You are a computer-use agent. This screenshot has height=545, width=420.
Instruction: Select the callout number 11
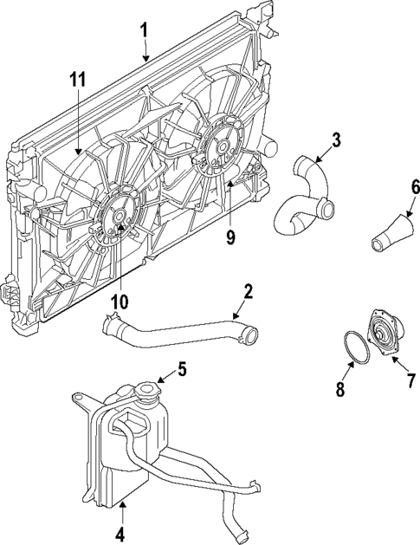coord(79,81)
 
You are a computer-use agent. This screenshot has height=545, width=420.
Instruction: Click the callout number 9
coord(231,237)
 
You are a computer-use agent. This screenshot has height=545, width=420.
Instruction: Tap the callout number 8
coord(340,390)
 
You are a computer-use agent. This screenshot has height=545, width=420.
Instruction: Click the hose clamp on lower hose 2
coord(109,326)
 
